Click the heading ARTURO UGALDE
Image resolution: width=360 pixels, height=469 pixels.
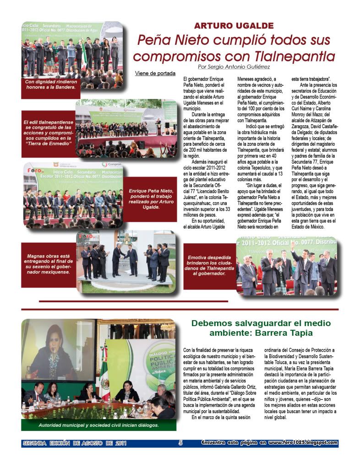coord(234,26)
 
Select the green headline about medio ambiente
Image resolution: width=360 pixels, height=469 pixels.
coord(261,328)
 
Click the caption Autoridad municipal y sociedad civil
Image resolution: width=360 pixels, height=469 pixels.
coord(98,425)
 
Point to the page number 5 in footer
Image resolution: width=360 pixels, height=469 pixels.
coord(180,443)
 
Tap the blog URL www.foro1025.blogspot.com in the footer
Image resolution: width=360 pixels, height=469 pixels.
coord(303,443)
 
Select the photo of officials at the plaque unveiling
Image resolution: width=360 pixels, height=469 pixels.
coord(126,262)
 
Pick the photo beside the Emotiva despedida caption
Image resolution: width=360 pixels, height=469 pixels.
coord(287,266)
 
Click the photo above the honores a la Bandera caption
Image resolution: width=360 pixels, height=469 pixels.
coord(72,49)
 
